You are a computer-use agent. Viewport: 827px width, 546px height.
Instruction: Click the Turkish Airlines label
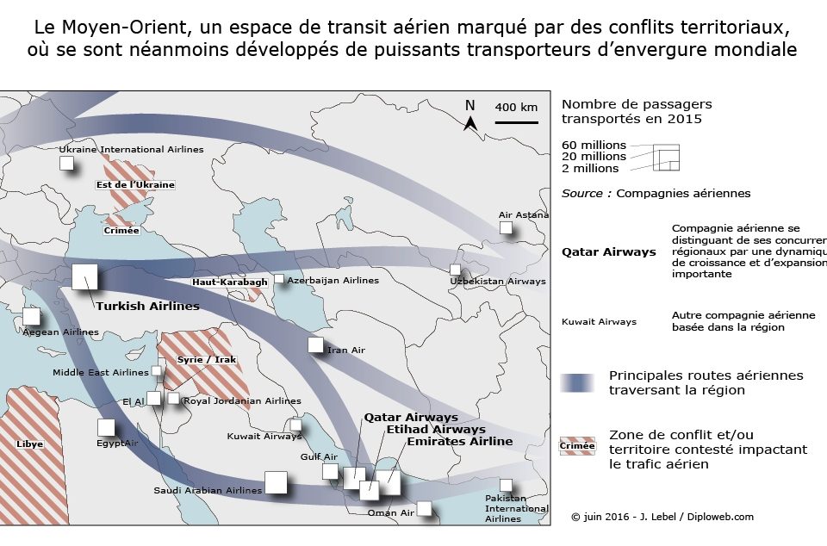(x=147, y=307)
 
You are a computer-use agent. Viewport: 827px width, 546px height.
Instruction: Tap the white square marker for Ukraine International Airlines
(x=66, y=164)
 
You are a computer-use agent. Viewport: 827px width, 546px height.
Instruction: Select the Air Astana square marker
(x=506, y=227)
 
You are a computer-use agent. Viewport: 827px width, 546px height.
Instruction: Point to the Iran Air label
(x=346, y=350)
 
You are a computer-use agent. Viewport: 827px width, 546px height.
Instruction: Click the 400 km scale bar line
(x=516, y=122)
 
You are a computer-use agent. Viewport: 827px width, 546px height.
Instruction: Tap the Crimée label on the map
(x=121, y=230)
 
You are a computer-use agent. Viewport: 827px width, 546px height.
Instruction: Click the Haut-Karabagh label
(x=230, y=282)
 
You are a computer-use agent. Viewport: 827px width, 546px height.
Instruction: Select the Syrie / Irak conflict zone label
(x=206, y=359)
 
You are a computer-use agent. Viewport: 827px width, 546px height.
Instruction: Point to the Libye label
(x=29, y=444)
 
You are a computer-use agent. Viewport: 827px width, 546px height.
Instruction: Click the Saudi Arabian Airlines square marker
(x=276, y=483)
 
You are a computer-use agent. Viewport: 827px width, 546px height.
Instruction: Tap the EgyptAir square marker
(x=106, y=427)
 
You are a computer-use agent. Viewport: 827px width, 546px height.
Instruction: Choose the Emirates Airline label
(x=460, y=441)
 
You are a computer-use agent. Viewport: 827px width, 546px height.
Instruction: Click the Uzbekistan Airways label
(x=498, y=281)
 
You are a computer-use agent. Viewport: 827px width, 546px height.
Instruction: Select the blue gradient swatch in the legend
(x=577, y=383)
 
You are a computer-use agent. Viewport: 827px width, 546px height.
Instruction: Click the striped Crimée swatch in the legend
(x=577, y=446)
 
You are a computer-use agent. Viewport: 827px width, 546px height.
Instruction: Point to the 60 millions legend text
(x=594, y=145)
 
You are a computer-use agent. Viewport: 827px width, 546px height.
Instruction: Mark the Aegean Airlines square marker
(x=31, y=316)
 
